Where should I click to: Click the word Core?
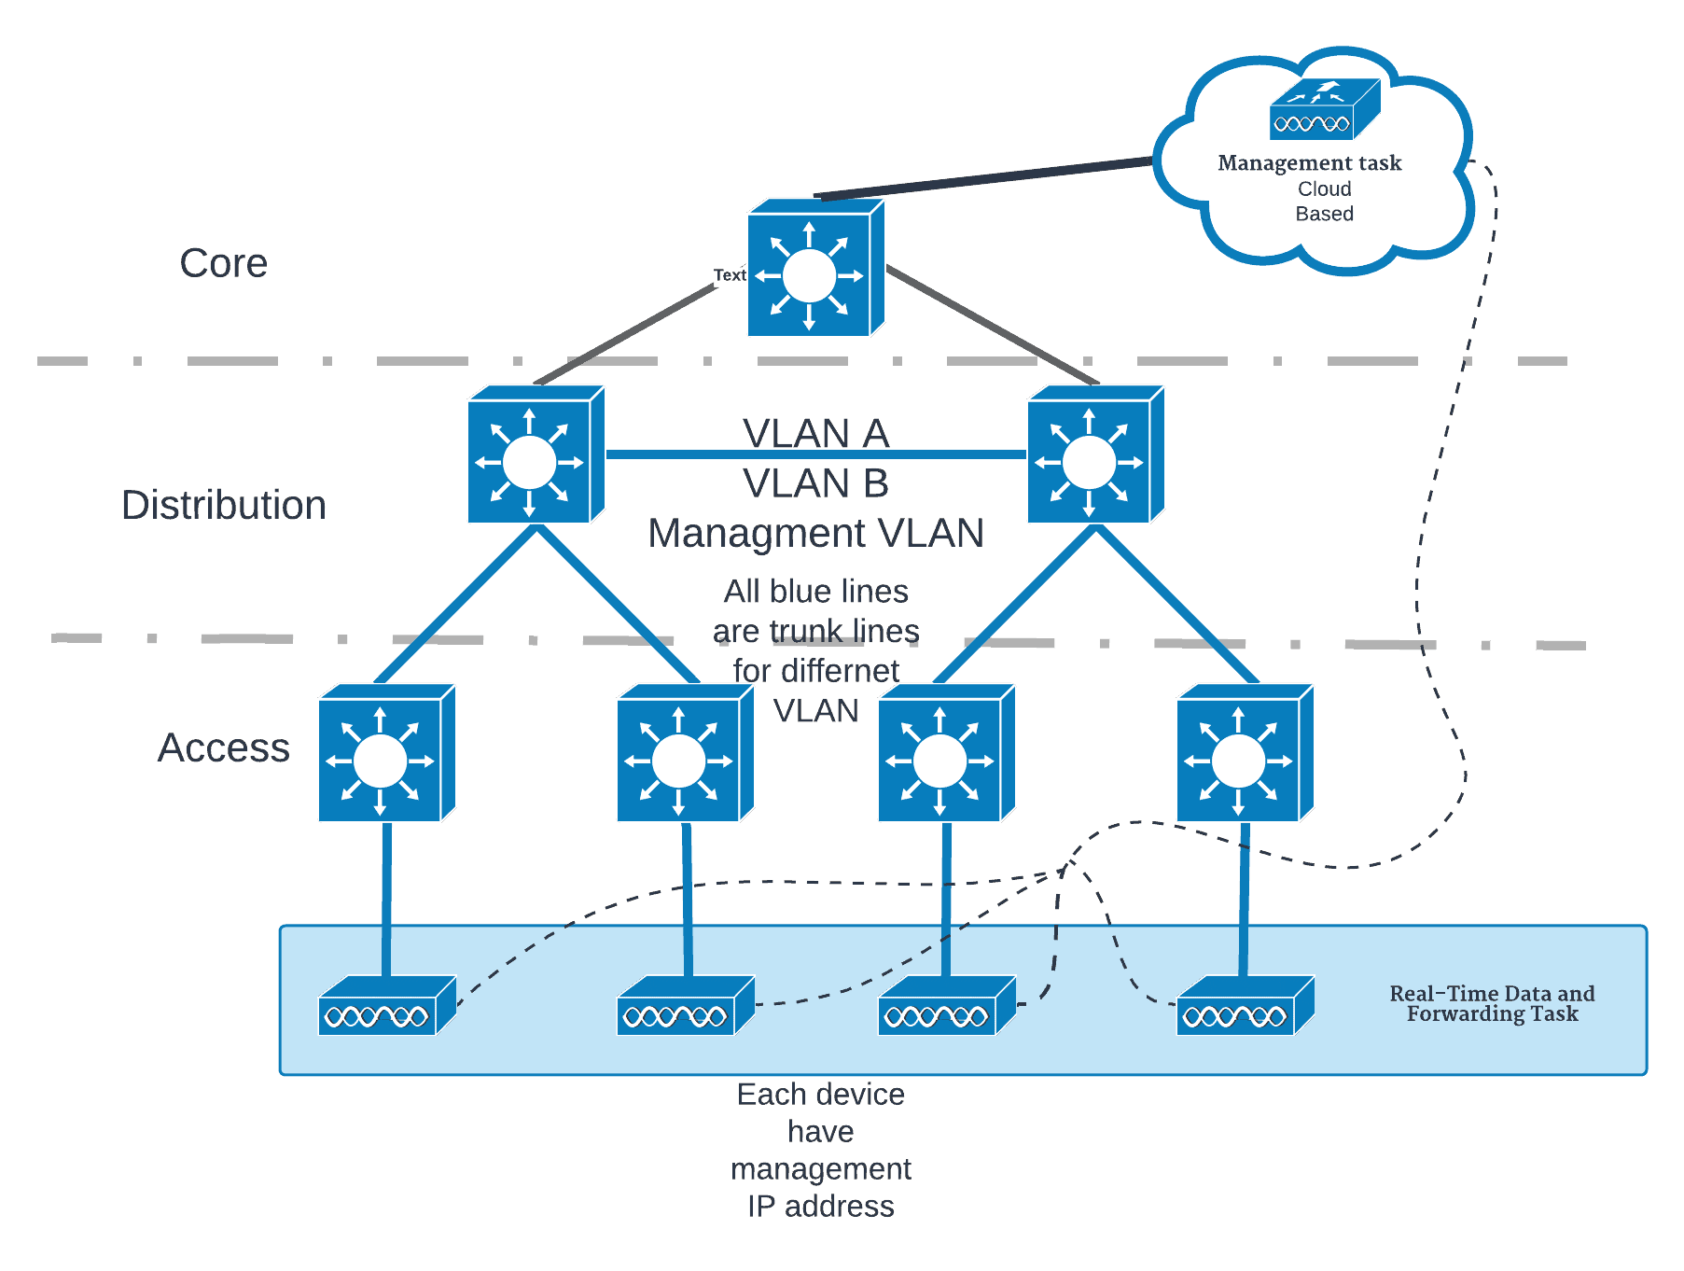(224, 263)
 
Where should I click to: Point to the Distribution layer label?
(224, 505)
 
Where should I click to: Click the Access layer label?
(224, 747)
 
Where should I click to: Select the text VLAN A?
(816, 432)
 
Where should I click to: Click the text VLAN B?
(816, 483)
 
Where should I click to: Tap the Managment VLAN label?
(816, 534)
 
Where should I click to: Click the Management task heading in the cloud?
(1309, 163)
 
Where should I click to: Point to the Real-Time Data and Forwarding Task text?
(1492, 1004)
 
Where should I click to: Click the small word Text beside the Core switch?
(729, 275)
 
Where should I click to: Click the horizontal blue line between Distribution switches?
(672, 454)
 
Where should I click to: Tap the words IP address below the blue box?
(821, 1207)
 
